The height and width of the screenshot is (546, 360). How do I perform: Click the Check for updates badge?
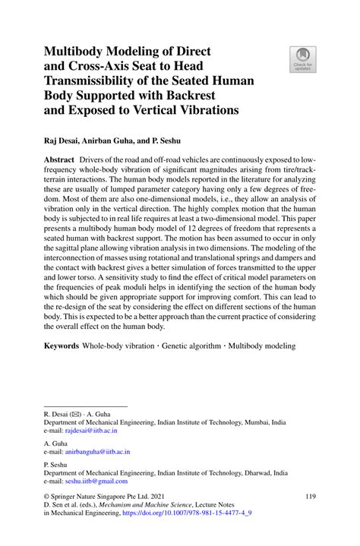pos(302,58)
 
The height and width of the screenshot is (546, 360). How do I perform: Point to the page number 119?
pos(309,497)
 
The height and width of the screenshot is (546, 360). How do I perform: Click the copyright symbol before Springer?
pos(48,497)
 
